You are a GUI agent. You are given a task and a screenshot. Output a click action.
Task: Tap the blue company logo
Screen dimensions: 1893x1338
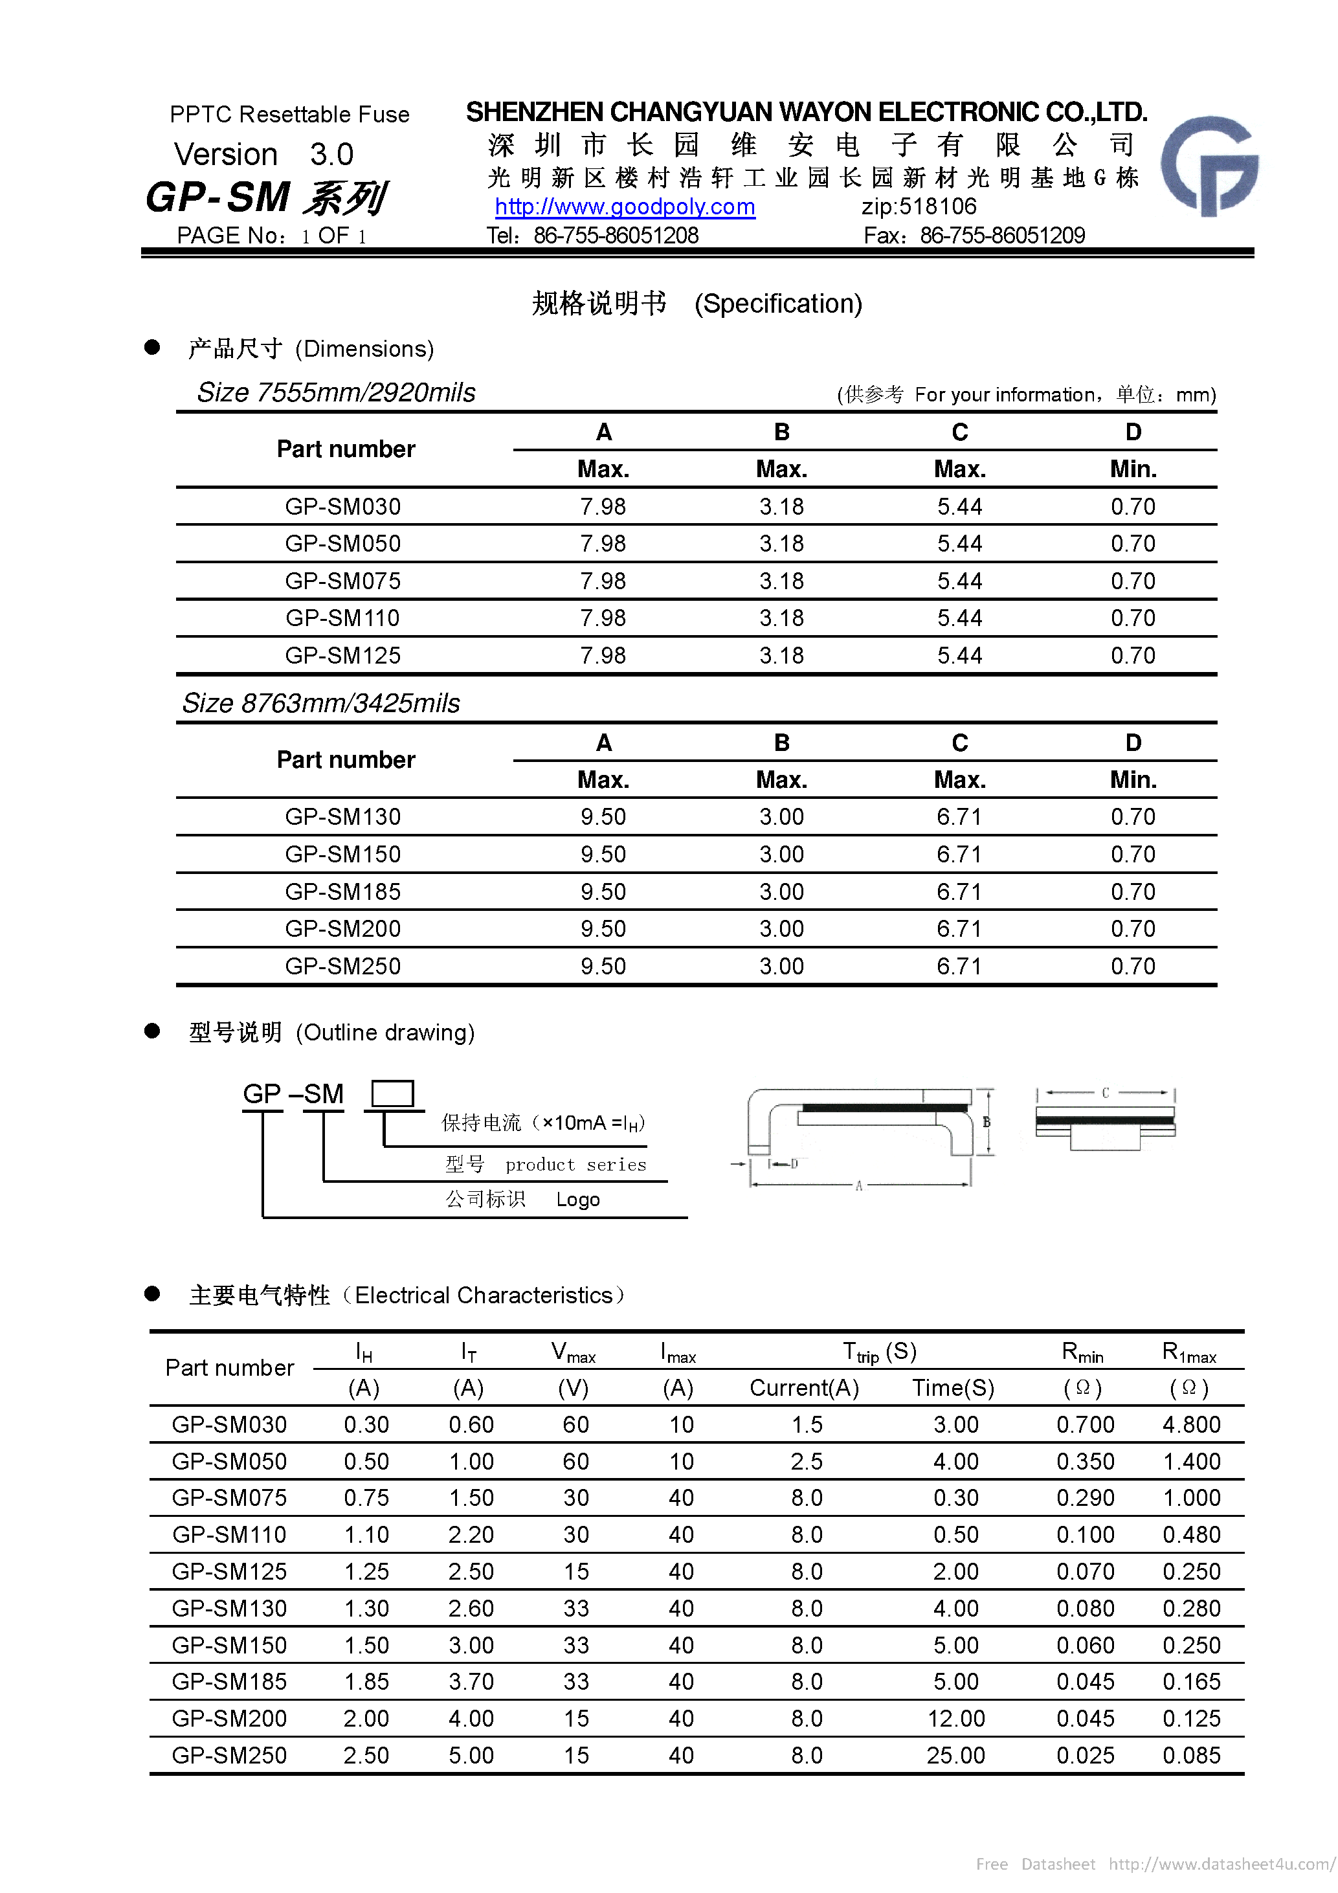[1209, 165]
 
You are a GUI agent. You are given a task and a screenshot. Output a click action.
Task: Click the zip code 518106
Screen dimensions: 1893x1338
[919, 206]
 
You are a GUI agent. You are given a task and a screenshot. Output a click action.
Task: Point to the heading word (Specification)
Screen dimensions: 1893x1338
[777, 304]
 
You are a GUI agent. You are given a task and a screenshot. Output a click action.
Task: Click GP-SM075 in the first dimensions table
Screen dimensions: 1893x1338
[343, 581]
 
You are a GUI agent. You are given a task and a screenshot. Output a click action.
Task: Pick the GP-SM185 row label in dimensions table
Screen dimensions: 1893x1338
[343, 891]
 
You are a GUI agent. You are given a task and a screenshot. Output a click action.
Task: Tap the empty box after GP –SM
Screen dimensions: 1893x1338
[392, 1094]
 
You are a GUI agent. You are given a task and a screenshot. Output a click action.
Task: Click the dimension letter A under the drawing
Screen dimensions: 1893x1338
[858, 1185]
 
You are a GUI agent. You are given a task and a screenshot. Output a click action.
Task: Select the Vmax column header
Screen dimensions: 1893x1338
[573, 1352]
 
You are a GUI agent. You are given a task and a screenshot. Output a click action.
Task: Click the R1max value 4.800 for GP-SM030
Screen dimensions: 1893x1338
[1191, 1425]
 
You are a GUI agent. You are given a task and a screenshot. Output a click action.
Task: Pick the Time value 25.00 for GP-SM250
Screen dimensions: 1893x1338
[955, 1755]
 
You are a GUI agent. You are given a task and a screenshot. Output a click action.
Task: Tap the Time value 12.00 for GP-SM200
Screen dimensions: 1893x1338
[955, 1718]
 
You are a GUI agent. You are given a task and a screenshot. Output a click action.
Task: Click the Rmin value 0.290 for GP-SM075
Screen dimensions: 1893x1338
[1085, 1498]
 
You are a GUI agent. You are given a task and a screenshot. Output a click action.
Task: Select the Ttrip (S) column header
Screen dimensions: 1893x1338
[879, 1352]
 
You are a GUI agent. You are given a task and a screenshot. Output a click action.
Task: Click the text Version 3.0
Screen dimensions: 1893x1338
[264, 154]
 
